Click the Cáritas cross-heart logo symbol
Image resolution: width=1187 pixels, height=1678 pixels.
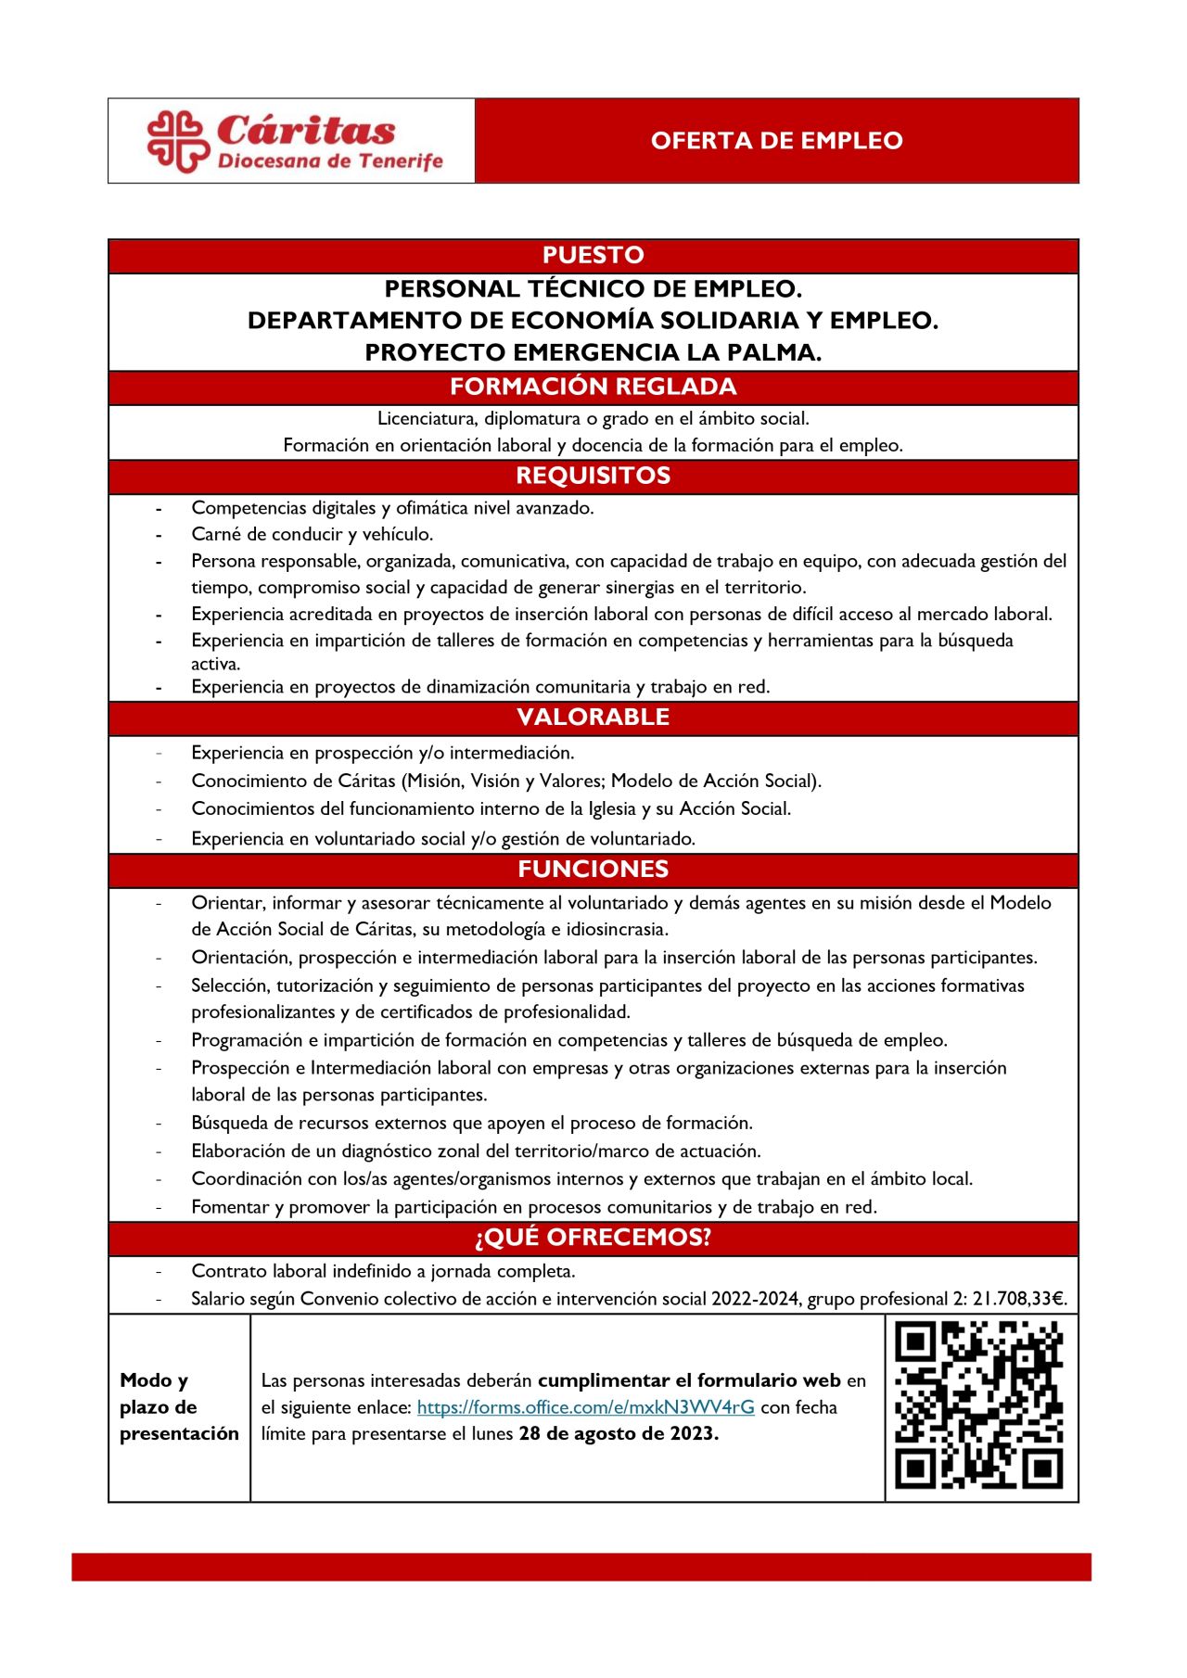point(177,141)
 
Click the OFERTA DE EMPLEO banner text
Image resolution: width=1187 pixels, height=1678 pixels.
point(776,141)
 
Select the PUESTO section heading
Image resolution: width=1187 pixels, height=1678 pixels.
point(593,255)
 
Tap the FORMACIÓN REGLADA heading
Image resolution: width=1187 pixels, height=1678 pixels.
point(593,387)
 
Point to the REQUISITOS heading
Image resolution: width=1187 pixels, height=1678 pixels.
point(593,476)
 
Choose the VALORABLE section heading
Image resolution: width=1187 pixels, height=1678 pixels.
point(593,717)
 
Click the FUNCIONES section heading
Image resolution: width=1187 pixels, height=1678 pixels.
point(593,869)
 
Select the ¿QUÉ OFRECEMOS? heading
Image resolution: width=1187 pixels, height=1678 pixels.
point(593,1238)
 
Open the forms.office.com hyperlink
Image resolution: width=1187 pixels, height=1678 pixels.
point(585,1407)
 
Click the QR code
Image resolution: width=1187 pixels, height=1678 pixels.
point(979,1405)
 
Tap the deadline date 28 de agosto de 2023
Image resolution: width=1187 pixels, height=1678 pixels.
point(618,1433)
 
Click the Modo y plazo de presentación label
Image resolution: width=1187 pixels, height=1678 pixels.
point(178,1406)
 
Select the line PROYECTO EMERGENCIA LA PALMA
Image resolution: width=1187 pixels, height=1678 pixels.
point(593,352)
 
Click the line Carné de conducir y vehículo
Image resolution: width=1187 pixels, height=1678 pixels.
point(312,534)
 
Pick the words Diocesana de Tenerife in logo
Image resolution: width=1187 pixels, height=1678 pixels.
point(329,161)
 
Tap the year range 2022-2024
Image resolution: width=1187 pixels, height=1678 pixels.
point(755,1299)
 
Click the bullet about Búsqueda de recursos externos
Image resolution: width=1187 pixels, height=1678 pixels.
point(471,1123)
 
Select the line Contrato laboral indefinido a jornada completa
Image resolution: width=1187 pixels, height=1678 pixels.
point(382,1271)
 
